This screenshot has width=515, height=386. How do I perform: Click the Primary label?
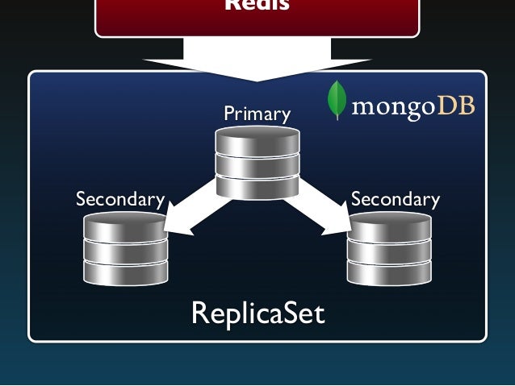[257, 114]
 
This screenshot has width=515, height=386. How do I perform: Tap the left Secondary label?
[119, 199]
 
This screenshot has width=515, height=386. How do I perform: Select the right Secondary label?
[396, 199]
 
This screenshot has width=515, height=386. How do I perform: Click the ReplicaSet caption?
[257, 313]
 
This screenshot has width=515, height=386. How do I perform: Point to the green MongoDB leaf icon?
[337, 101]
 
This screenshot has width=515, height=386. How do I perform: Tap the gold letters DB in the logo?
[456, 106]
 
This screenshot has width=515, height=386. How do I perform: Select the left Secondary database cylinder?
[125, 249]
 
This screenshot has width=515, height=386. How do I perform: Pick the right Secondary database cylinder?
[389, 249]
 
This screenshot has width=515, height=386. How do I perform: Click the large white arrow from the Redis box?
[257, 60]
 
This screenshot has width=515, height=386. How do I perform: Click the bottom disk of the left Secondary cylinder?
[125, 271]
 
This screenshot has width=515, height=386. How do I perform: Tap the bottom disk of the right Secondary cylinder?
[389, 271]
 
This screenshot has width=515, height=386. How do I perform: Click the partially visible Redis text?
[257, 6]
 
